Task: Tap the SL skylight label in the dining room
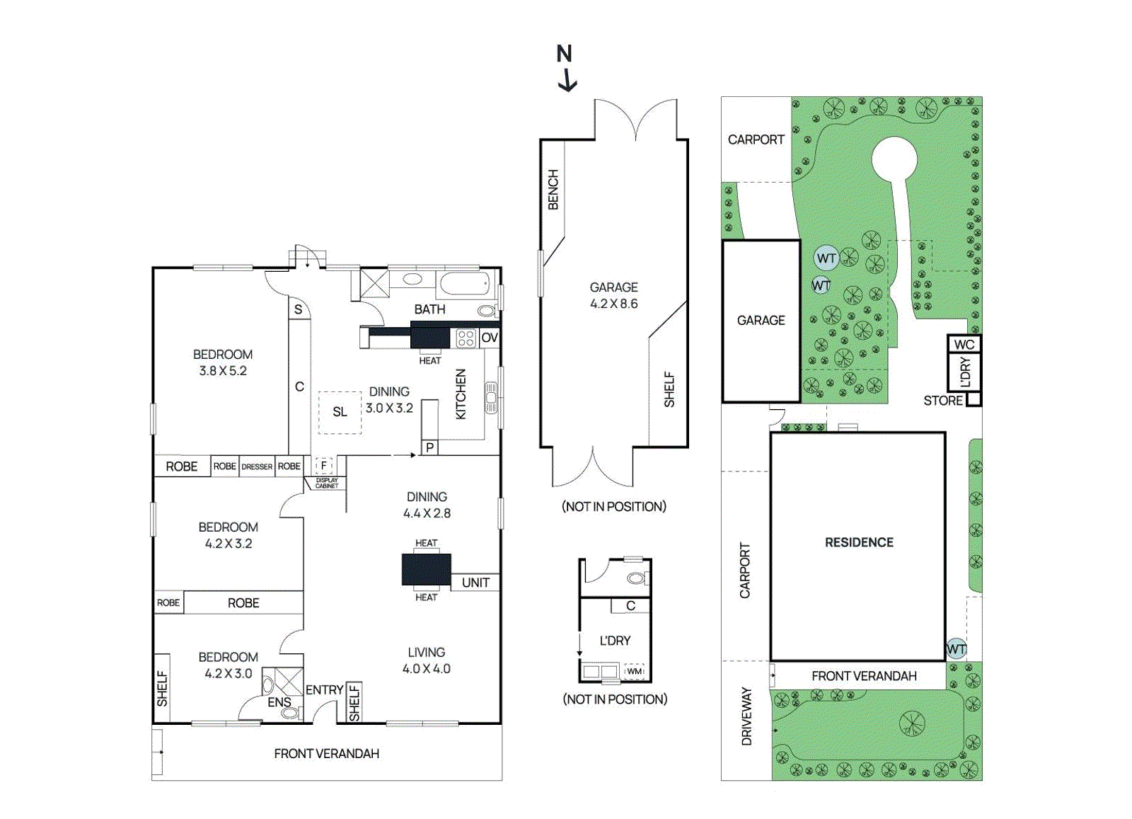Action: [340, 412]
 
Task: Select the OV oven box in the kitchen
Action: [489, 338]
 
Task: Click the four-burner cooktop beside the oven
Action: [466, 338]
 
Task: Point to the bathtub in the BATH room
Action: [464, 284]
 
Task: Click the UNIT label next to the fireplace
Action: [475, 583]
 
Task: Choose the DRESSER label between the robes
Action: [257, 466]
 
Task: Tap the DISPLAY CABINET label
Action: [326, 483]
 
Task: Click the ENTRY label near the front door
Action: [325, 690]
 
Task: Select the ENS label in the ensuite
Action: [279, 702]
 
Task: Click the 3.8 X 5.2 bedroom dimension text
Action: [223, 371]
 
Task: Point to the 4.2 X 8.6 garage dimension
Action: [614, 304]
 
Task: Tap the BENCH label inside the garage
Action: [553, 190]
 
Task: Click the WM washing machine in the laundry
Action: [635, 671]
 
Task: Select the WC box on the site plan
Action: [964, 344]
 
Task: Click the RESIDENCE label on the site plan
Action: [859, 542]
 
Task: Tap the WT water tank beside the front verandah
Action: [956, 648]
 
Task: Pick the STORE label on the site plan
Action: [943, 401]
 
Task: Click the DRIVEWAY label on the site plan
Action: [746, 716]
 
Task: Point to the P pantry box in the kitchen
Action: [429, 448]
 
